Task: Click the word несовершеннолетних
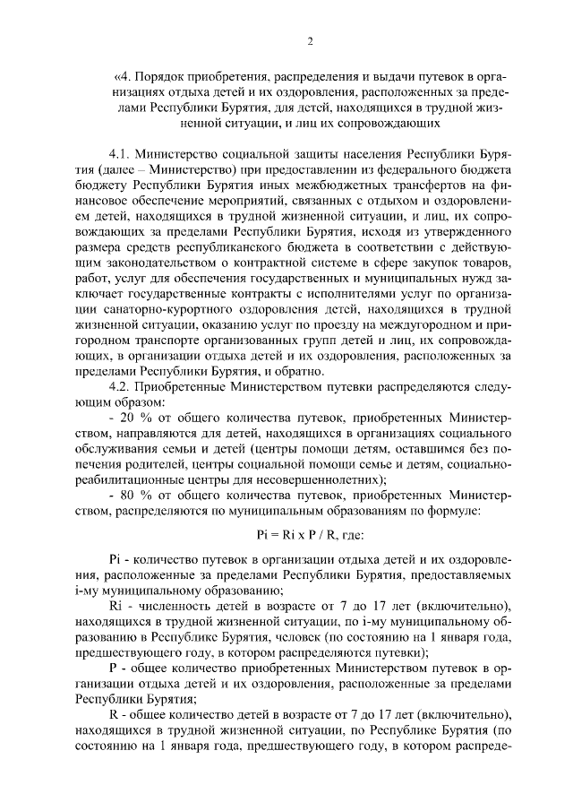coord(315,479)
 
